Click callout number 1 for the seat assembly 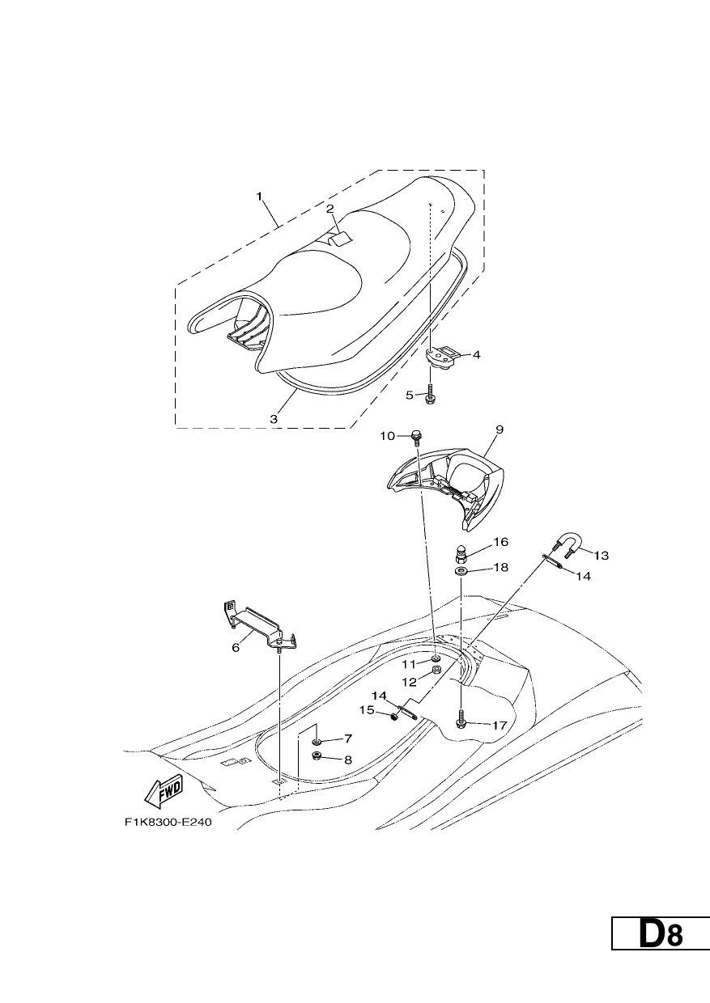[x=258, y=196]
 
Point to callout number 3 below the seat [x=274, y=419]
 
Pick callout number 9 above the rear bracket [x=500, y=430]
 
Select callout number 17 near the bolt [x=500, y=726]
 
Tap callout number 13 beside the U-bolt [x=601, y=556]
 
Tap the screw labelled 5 [x=429, y=392]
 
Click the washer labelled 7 [x=317, y=743]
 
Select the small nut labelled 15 [x=395, y=717]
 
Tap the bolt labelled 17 [x=461, y=720]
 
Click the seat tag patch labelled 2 [x=339, y=239]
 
